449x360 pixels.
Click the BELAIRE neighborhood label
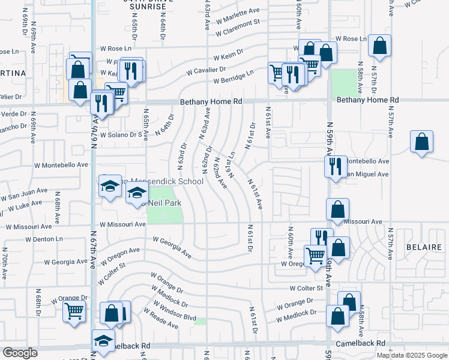[x=424, y=247]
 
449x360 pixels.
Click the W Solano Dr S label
[x=124, y=134]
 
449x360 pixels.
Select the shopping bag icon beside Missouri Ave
[x=338, y=209]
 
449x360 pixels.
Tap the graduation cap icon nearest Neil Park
[x=137, y=193]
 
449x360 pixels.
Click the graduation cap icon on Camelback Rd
[x=103, y=340]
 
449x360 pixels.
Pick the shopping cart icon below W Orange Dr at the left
[x=74, y=311]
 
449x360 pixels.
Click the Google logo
[x=19, y=353]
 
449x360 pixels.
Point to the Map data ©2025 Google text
[x=411, y=355]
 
